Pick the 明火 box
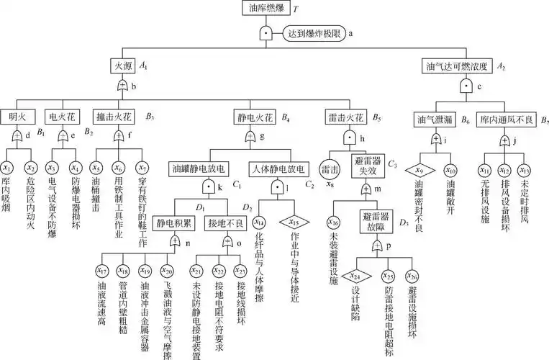(x=17, y=116)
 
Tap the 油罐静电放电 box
(x=200, y=170)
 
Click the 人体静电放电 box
(x=278, y=170)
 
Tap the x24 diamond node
(x=353, y=275)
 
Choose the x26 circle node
(x=412, y=275)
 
